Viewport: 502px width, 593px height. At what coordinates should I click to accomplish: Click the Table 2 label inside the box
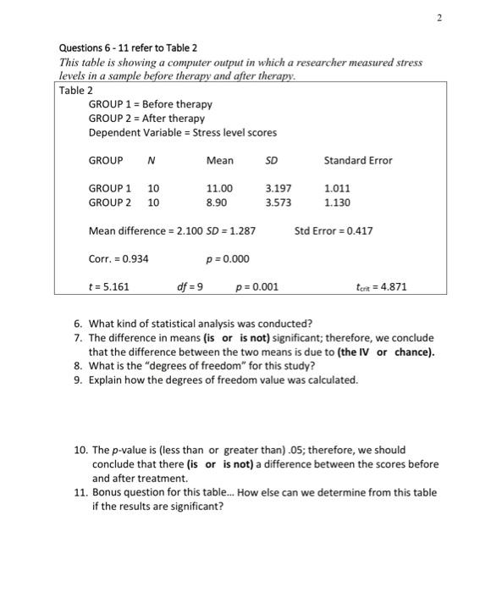pyautogui.click(x=76, y=90)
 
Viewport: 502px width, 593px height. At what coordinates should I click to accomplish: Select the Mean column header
pyautogui.click(x=219, y=160)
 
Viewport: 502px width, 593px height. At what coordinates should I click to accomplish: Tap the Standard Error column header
pyautogui.click(x=358, y=160)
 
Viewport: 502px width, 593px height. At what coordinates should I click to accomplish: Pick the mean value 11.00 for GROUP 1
pyautogui.click(x=220, y=188)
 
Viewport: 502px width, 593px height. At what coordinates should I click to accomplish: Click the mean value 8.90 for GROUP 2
pyautogui.click(x=217, y=203)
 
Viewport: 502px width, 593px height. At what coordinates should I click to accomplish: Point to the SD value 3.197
pyautogui.click(x=279, y=188)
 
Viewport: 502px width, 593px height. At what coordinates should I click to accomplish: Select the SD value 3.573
pyautogui.click(x=279, y=203)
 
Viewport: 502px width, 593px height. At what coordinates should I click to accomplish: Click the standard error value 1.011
pyautogui.click(x=337, y=188)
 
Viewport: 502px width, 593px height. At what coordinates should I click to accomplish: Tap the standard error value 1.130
pyautogui.click(x=337, y=203)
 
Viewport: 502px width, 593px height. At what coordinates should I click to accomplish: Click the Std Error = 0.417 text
pyautogui.click(x=334, y=230)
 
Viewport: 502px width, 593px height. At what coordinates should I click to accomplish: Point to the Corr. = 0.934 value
pyautogui.click(x=119, y=258)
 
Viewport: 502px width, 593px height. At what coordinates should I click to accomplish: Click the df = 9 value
pyautogui.click(x=190, y=286)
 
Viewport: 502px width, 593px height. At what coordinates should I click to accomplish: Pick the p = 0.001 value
pyautogui.click(x=257, y=286)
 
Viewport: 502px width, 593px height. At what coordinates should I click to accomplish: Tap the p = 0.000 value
pyautogui.click(x=228, y=258)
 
